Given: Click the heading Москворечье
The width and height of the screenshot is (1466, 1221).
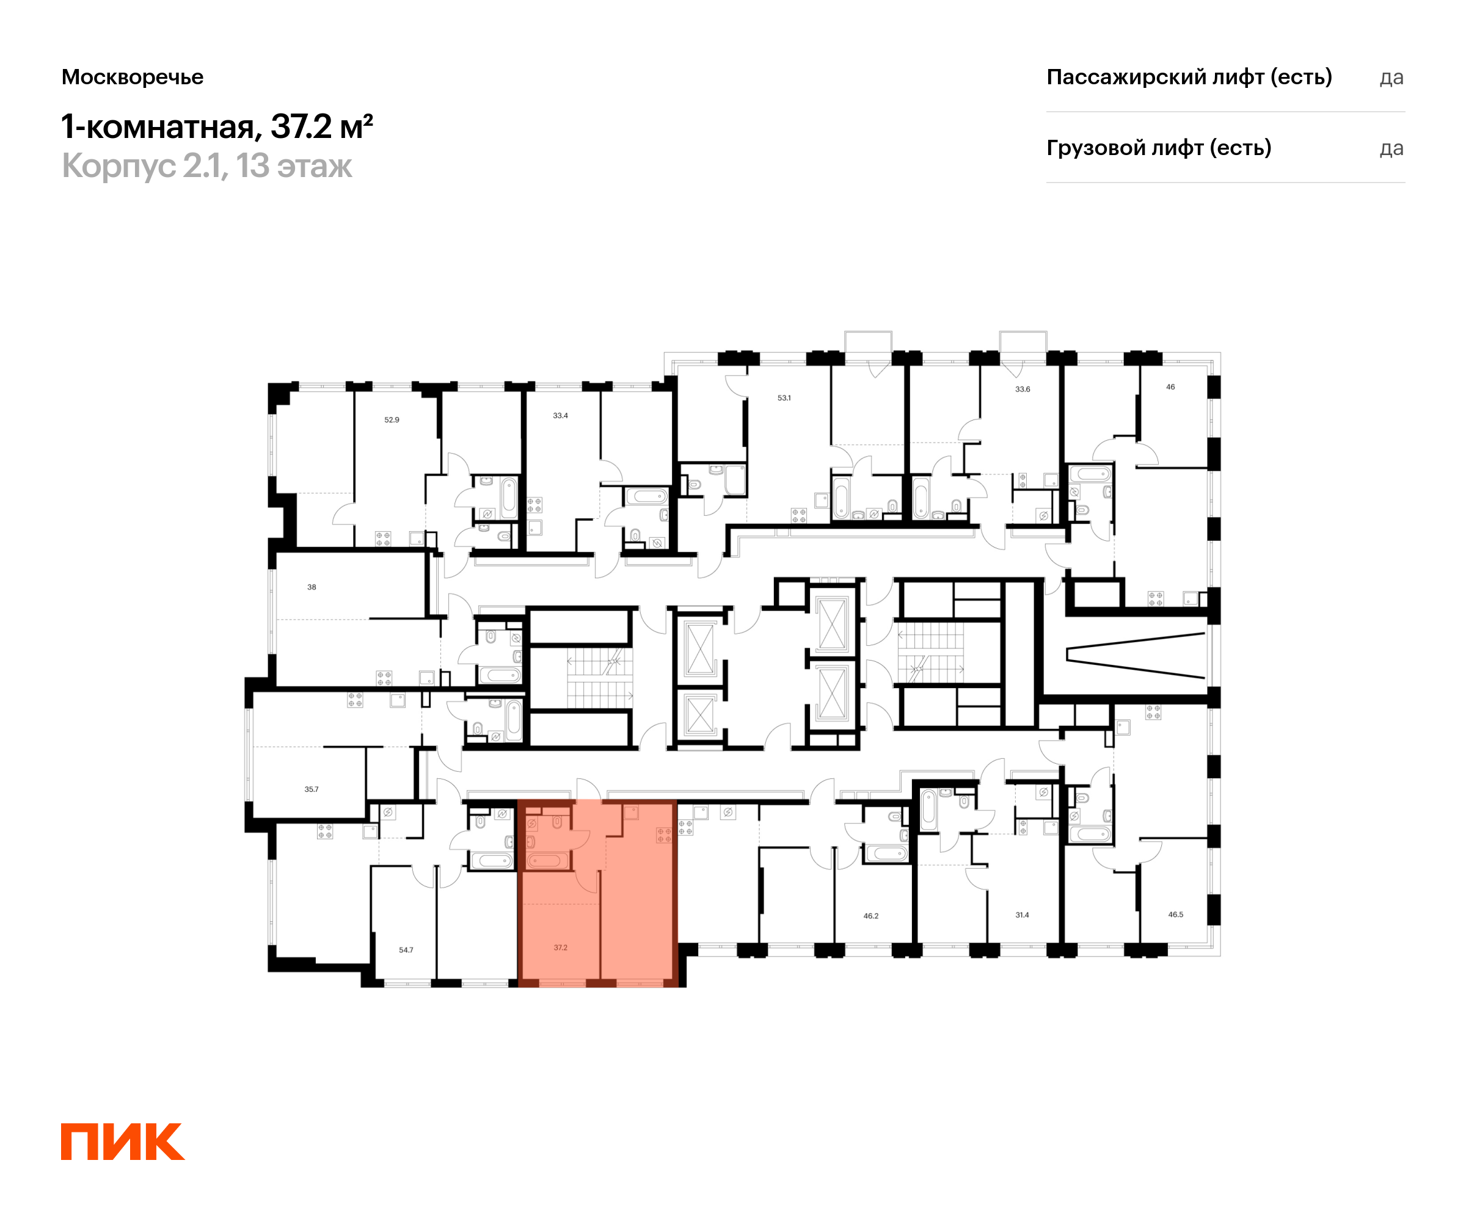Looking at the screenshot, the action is click(133, 77).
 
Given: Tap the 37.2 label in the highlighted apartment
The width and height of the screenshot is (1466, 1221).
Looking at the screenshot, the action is click(560, 947).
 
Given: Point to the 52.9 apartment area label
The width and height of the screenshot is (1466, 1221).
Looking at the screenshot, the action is click(392, 420).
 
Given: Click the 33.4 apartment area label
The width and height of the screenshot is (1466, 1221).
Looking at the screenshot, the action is click(560, 415).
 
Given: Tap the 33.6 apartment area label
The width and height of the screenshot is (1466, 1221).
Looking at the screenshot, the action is click(1022, 389).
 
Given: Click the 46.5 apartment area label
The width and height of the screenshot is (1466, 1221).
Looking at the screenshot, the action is click(1176, 914).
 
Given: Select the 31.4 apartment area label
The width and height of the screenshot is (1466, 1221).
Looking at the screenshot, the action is click(1022, 915).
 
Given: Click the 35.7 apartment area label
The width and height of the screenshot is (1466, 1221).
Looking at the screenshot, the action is click(312, 789).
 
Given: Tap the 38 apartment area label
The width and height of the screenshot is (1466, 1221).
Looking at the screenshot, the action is click(312, 587).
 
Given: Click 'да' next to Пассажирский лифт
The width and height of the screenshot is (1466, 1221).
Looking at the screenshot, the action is click(1391, 78).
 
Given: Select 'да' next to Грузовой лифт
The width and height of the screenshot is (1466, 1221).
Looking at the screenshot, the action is click(1391, 148).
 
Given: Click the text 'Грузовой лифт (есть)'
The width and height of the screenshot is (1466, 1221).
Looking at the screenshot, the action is click(1158, 148).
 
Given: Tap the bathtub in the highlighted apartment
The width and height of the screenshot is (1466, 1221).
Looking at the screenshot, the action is click(547, 860).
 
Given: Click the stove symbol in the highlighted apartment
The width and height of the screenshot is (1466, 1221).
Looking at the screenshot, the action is click(664, 835).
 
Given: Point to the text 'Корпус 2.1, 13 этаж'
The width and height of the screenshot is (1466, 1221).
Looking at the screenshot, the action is click(206, 166).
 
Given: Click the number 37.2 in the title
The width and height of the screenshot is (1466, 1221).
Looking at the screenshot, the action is click(301, 127).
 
